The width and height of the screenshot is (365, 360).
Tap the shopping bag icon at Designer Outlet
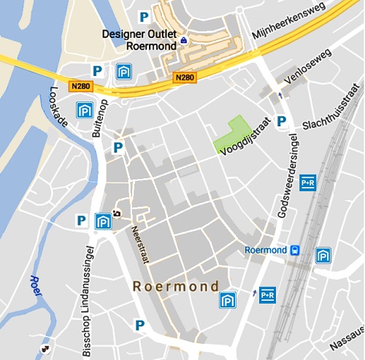point(183,39)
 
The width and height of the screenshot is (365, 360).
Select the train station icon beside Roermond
point(294,250)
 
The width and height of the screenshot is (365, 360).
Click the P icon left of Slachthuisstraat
point(281,121)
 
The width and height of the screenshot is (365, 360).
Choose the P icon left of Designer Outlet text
point(144,16)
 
